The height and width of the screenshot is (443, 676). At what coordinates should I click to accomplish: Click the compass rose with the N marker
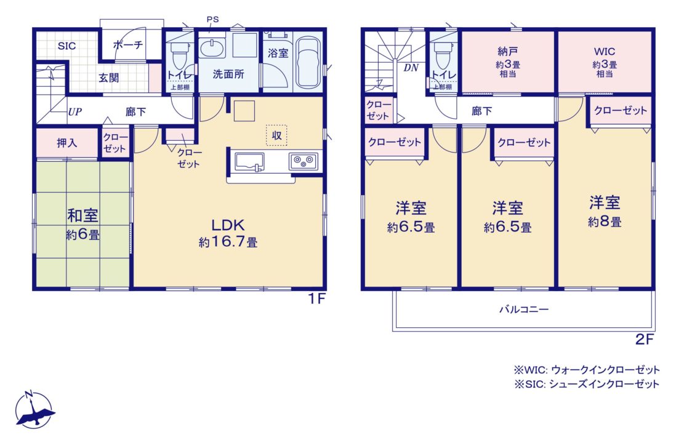point(34,410)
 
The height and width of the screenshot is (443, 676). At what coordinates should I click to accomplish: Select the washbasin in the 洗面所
point(212,48)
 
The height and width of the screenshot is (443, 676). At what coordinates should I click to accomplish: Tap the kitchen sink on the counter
point(249,162)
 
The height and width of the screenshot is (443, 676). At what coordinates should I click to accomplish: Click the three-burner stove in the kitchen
point(304,162)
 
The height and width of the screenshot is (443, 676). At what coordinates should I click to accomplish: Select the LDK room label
point(228,225)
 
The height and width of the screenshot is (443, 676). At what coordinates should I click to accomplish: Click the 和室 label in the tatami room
point(82,215)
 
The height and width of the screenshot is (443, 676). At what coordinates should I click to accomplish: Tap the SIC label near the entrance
point(66,46)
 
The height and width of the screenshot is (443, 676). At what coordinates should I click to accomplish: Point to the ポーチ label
point(128,45)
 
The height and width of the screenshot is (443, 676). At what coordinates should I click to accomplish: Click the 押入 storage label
point(67,143)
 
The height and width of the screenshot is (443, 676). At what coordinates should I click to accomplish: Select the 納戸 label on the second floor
point(507,52)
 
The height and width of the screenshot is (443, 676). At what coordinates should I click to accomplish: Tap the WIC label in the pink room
point(605,52)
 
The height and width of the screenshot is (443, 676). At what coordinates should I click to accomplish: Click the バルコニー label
point(524,309)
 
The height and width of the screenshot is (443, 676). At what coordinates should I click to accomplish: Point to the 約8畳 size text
point(605,222)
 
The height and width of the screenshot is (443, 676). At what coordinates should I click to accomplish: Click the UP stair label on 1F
point(75,112)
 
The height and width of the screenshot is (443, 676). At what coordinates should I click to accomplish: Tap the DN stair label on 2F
point(411,68)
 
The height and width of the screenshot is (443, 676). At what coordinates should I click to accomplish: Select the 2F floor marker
point(645,340)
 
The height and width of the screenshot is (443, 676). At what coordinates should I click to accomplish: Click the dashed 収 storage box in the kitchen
point(276,135)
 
